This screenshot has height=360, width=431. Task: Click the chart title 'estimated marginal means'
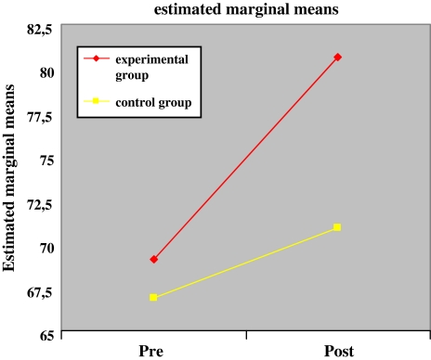pyautogui.click(x=243, y=11)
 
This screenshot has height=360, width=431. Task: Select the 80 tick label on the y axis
pyautogui.click(x=46, y=72)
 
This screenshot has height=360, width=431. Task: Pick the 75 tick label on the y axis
pyautogui.click(x=46, y=160)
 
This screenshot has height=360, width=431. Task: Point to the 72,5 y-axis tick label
pyautogui.click(x=39, y=204)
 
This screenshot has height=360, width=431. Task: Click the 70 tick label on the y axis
pyautogui.click(x=46, y=248)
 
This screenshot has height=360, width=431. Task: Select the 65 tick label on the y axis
pyautogui.click(x=46, y=335)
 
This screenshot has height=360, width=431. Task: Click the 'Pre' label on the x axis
pyautogui.click(x=153, y=350)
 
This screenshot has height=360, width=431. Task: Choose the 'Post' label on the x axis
pyautogui.click(x=337, y=350)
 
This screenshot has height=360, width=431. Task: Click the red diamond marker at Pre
pyautogui.click(x=153, y=259)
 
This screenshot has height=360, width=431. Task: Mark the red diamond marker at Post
pyautogui.click(x=337, y=58)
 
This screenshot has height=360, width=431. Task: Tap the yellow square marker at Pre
pyautogui.click(x=153, y=298)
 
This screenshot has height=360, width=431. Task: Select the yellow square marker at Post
pyautogui.click(x=337, y=227)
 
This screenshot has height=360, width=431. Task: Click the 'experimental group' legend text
pyautogui.click(x=149, y=67)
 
